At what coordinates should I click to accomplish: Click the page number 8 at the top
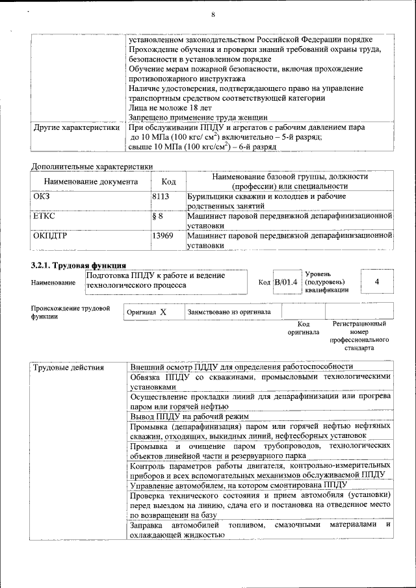click(x=213, y=15)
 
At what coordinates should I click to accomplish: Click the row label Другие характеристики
click(x=76, y=128)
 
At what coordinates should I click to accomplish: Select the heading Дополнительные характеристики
click(x=92, y=166)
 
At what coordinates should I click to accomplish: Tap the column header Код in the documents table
click(x=168, y=183)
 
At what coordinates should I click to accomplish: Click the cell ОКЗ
click(x=42, y=196)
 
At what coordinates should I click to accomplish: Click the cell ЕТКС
click(x=44, y=214)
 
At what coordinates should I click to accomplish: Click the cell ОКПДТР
click(x=50, y=236)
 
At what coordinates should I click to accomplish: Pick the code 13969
click(x=162, y=236)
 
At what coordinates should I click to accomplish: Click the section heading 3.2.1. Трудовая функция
click(x=79, y=265)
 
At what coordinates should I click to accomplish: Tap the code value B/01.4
click(x=285, y=282)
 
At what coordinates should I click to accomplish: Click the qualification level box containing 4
click(x=376, y=281)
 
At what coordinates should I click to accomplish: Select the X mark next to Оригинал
click(x=163, y=312)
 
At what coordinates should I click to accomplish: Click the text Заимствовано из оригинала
click(x=229, y=312)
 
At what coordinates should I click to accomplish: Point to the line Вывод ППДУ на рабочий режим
click(x=188, y=416)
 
